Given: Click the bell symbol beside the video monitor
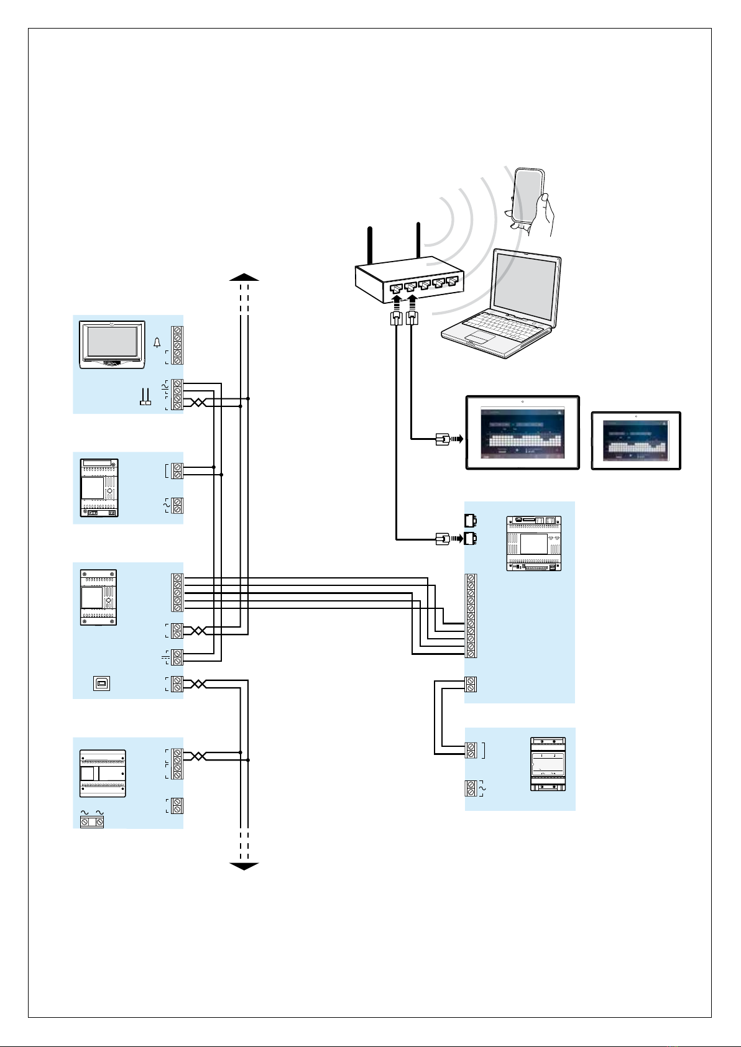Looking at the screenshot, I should click(x=157, y=343).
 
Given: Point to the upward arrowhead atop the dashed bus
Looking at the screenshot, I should click(x=244, y=277).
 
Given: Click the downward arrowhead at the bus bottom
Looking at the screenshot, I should click(x=244, y=866).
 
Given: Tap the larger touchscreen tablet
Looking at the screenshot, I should click(x=523, y=432).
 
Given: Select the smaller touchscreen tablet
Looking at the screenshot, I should click(x=636, y=441).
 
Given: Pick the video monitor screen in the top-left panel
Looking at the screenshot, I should click(x=113, y=341).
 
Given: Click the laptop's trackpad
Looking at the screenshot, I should click(x=479, y=337).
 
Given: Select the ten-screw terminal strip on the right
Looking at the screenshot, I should click(x=471, y=616).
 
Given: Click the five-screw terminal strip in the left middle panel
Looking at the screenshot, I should click(x=178, y=593).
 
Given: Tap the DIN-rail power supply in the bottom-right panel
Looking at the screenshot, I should click(x=548, y=764).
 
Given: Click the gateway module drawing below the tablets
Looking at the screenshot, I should click(x=534, y=543).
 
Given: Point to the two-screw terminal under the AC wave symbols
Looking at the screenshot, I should click(x=92, y=822).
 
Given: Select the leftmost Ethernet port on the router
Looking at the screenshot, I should click(x=396, y=288).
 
